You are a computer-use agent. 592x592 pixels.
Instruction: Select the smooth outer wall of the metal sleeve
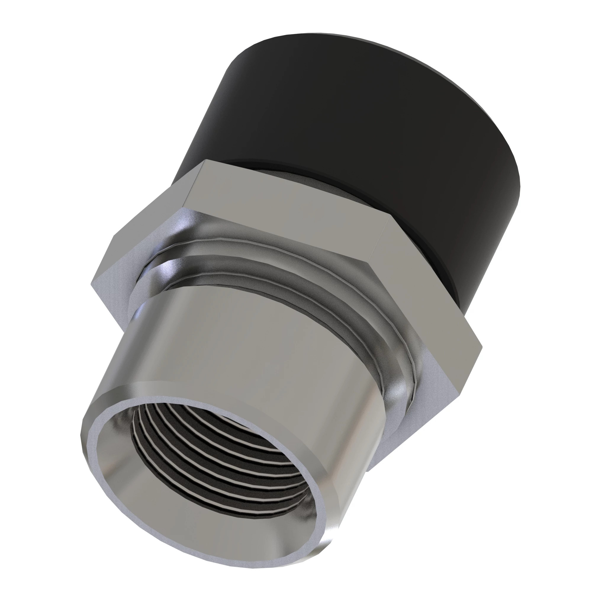245,352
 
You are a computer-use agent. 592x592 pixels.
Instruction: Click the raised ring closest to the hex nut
276,242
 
